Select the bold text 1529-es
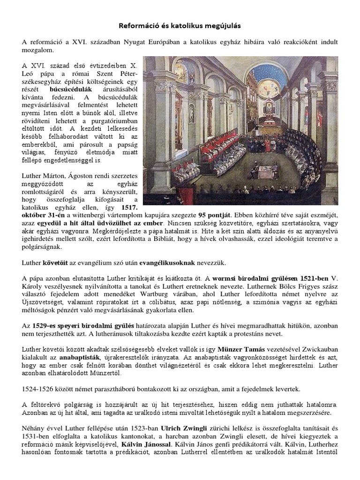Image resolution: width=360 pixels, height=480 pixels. coord(45,326)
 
